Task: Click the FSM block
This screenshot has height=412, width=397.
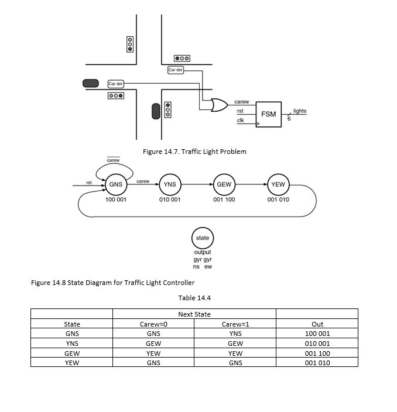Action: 269,114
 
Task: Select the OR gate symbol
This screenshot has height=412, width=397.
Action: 220,105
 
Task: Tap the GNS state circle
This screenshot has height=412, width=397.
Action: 116,185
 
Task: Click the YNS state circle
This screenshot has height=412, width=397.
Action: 170,185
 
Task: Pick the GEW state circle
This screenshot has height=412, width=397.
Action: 224,185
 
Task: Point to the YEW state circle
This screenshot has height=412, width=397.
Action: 278,185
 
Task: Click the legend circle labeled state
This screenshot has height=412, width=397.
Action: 203,238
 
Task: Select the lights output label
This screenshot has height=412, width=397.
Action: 299,111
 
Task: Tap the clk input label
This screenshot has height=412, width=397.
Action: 240,120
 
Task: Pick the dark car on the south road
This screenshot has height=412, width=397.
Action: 156,111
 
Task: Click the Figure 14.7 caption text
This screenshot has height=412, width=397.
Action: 194,152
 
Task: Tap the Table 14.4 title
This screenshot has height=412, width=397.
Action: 194,298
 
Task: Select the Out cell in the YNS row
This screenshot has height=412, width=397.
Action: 317,344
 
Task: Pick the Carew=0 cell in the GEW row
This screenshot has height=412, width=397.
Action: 153,353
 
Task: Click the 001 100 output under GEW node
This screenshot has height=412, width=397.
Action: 224,200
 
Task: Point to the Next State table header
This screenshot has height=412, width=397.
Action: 194,314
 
